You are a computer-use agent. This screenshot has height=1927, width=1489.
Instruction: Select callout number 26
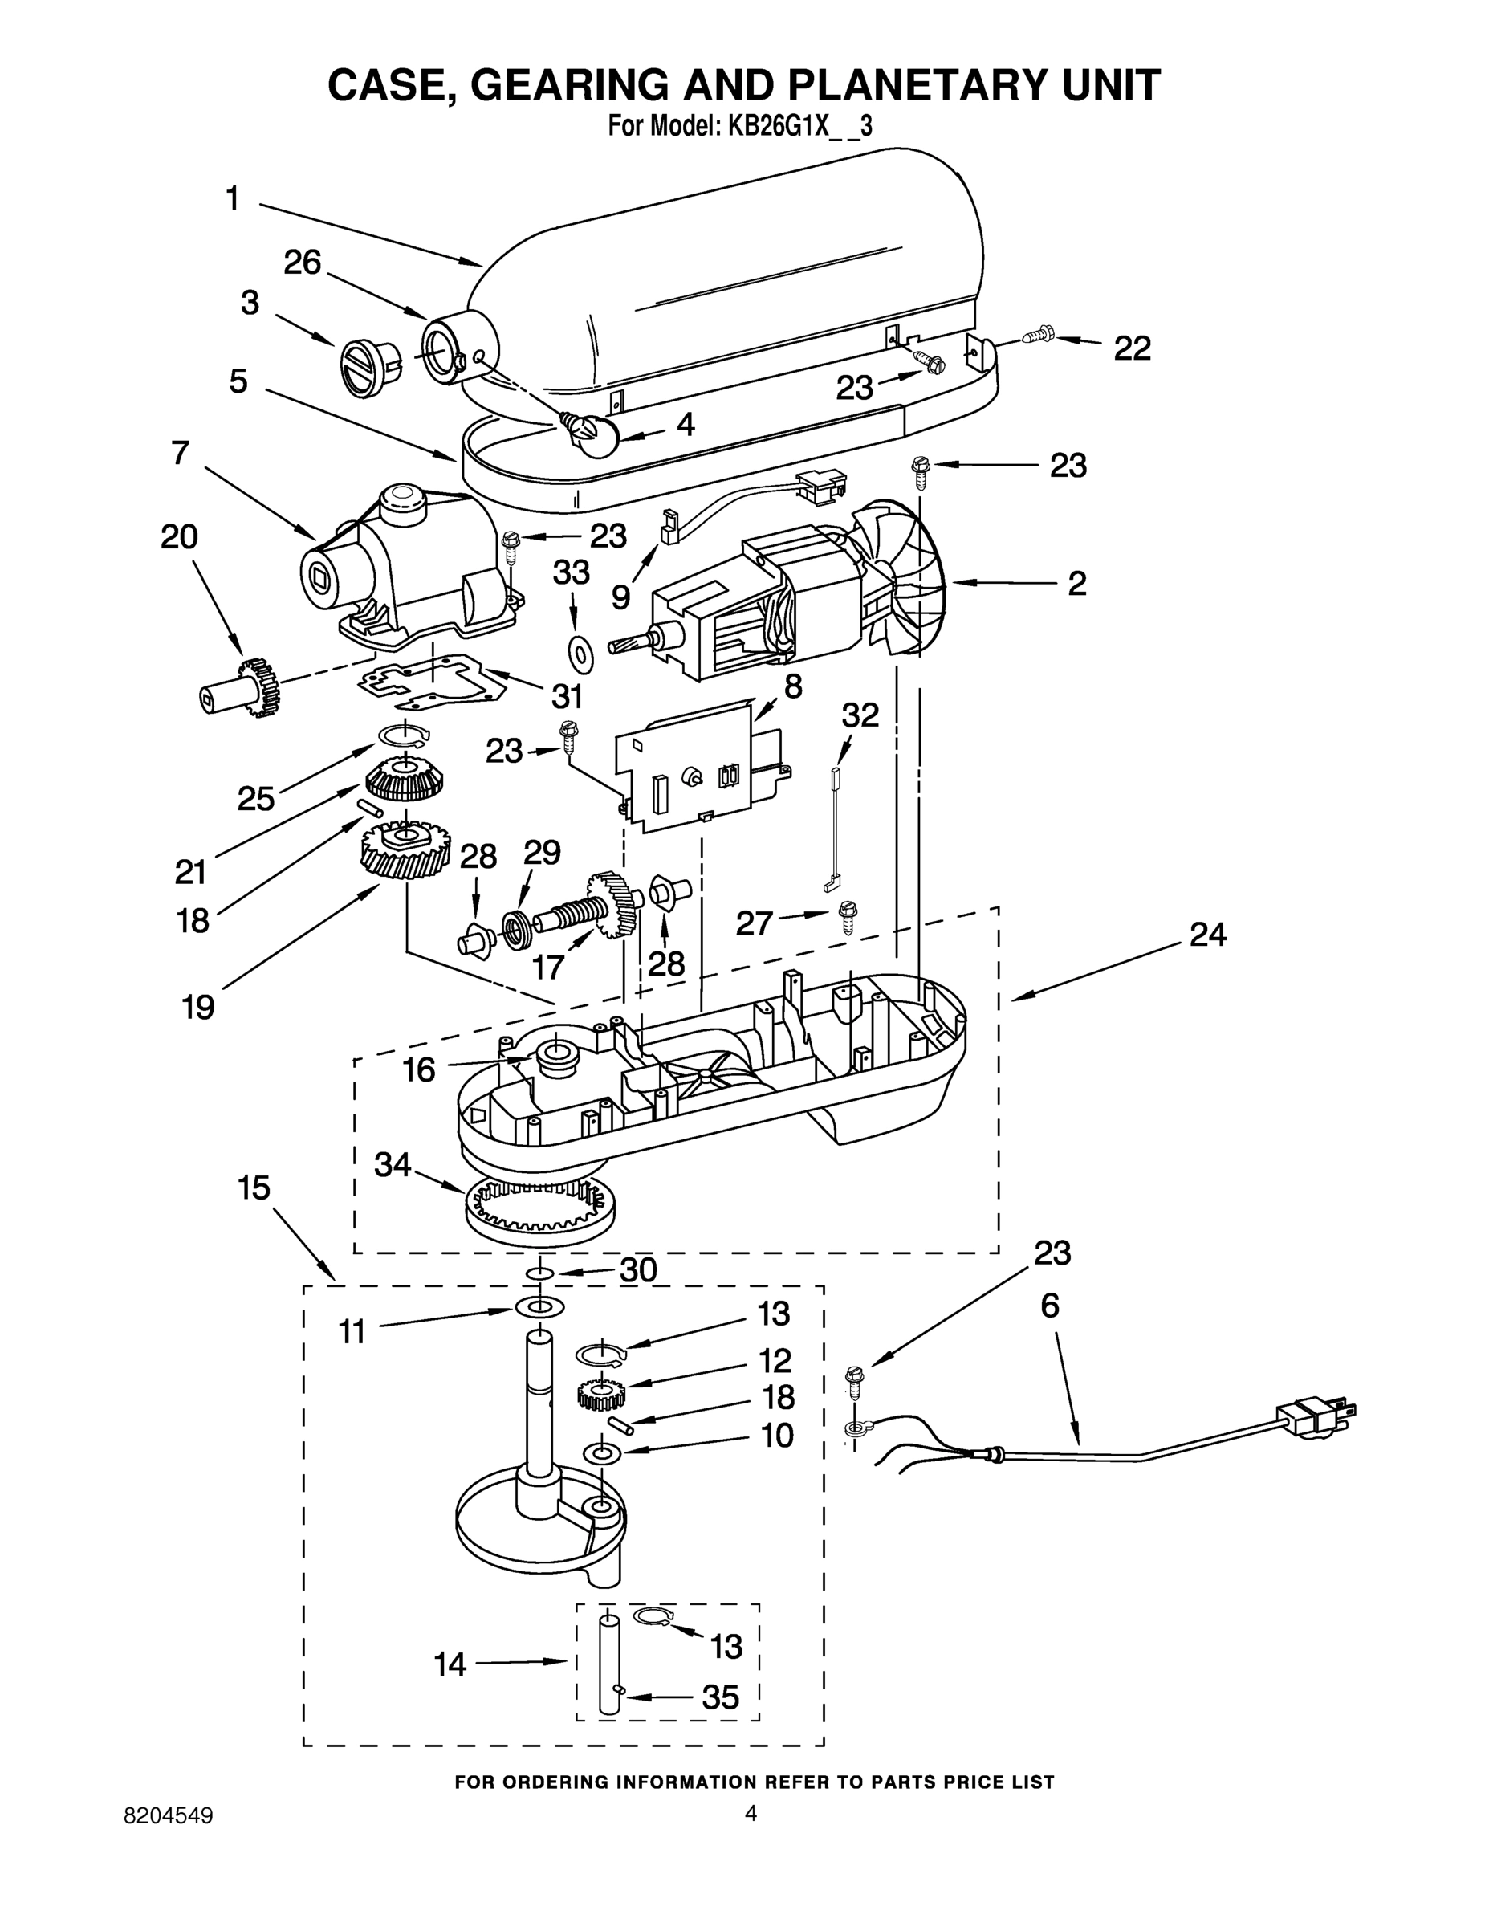(x=302, y=263)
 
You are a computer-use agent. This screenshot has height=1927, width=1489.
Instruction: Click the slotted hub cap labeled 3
(x=366, y=365)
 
